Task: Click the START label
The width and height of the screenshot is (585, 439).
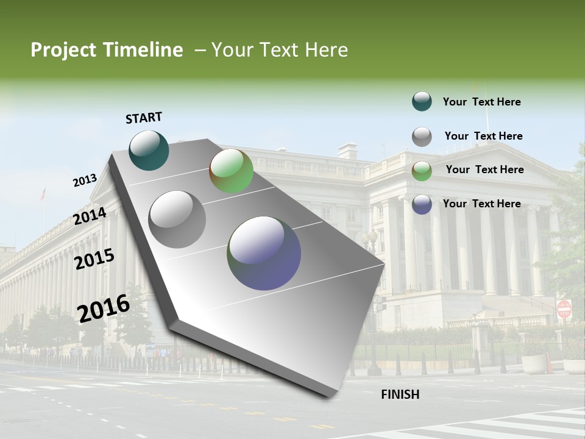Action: [144, 118]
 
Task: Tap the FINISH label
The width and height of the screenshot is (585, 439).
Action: [400, 394]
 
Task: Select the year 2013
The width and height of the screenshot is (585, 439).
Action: [85, 180]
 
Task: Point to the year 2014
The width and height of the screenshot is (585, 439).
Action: [90, 216]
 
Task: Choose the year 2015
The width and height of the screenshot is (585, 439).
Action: [94, 259]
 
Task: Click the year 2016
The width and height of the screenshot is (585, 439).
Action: [104, 308]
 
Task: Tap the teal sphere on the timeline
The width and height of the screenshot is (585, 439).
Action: [149, 151]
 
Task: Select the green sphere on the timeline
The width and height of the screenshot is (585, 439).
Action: [231, 171]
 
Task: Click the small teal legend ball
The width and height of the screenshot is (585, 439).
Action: [422, 101]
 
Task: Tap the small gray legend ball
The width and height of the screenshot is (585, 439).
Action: [422, 137]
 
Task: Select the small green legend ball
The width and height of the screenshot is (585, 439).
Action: [422, 171]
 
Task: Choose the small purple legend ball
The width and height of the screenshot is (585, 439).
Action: [422, 204]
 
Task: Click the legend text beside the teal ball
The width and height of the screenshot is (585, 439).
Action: [481, 102]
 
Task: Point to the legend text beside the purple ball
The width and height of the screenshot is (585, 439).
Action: [481, 204]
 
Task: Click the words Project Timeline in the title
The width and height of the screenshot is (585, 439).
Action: [107, 50]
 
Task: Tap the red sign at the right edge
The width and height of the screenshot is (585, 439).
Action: [564, 309]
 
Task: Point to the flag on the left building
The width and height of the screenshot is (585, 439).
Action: [43, 194]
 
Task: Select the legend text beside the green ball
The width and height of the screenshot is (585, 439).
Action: [484, 170]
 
